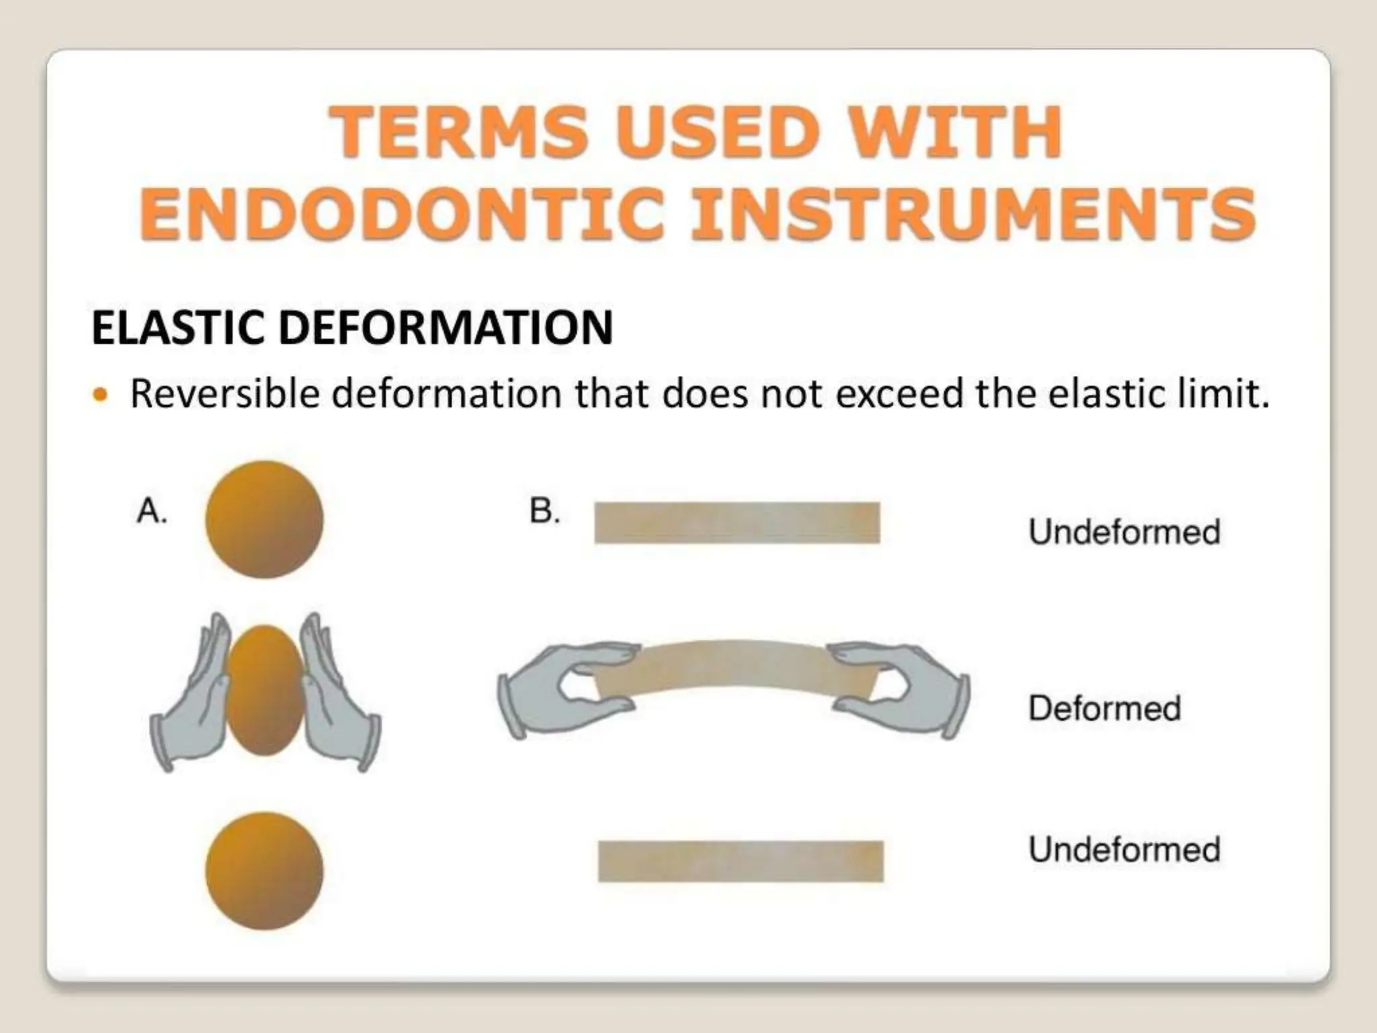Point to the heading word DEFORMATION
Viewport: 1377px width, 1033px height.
pyautogui.click(x=445, y=328)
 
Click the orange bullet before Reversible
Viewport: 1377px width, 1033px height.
pyautogui.click(x=100, y=394)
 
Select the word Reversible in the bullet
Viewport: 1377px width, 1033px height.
pyautogui.click(x=225, y=393)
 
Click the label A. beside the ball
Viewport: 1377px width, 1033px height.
pyautogui.click(x=151, y=511)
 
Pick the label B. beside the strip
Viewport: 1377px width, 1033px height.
pyautogui.click(x=544, y=511)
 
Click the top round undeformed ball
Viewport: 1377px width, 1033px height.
pyautogui.click(x=264, y=519)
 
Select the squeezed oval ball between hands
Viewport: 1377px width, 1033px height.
pyautogui.click(x=265, y=689)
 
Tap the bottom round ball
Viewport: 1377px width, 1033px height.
pyautogui.click(x=264, y=871)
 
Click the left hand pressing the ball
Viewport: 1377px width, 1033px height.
pyautogui.click(x=192, y=699)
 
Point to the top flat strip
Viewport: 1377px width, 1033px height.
pyautogui.click(x=737, y=523)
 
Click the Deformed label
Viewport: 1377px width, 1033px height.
pyautogui.click(x=1104, y=708)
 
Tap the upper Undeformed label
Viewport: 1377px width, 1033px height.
pyautogui.click(x=1124, y=532)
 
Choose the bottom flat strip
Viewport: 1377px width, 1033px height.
pyautogui.click(x=740, y=861)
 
